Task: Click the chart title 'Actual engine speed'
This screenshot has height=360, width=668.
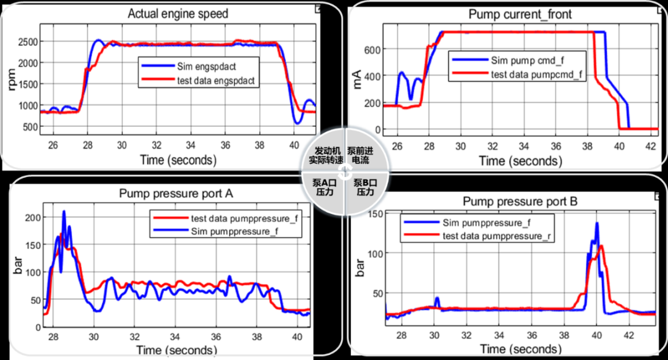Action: (x=178, y=14)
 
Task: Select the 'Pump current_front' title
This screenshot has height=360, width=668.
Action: (x=521, y=14)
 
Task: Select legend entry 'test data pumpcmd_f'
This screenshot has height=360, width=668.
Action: (x=537, y=74)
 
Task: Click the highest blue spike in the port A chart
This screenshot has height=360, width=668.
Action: (x=64, y=212)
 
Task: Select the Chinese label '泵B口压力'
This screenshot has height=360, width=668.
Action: (x=364, y=187)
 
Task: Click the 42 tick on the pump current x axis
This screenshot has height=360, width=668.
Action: (x=651, y=147)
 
